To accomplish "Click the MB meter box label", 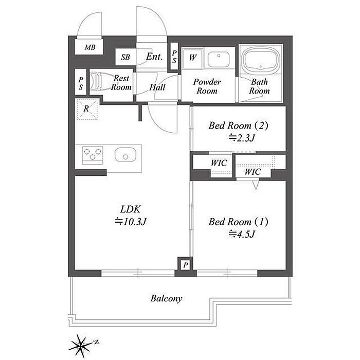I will (x=90, y=48).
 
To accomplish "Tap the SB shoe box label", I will (x=125, y=58).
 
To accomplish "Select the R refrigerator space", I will (x=86, y=109).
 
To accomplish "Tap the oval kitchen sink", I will (x=125, y=154).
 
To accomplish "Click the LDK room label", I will (x=131, y=209).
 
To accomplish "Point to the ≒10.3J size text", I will (x=131, y=222).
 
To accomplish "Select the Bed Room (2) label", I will (x=238, y=125).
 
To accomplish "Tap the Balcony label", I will (x=166, y=298).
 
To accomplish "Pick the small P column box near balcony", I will (x=185, y=264).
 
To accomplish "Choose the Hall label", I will (x=157, y=87).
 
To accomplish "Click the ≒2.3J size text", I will (x=242, y=137).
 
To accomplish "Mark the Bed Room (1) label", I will (x=239, y=222).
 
